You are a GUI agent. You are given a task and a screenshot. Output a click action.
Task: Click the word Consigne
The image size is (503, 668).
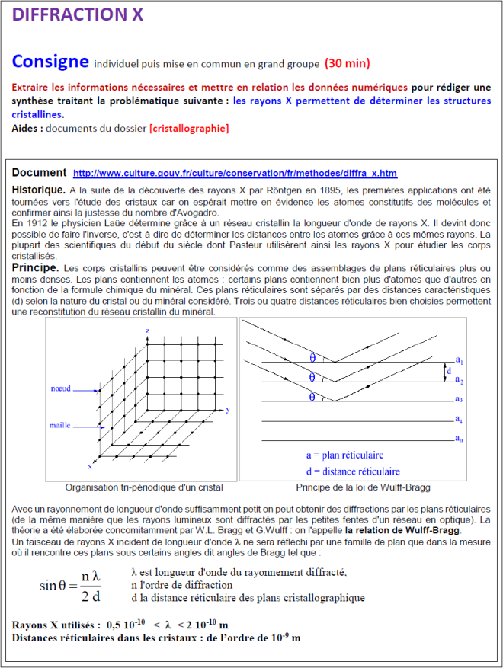click(x=50, y=61)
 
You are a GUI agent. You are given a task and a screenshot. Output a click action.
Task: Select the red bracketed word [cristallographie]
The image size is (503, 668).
click(x=190, y=129)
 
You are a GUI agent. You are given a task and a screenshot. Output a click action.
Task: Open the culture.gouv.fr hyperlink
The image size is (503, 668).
click(x=235, y=174)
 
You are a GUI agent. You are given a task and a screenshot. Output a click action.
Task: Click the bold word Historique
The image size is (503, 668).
click(x=38, y=189)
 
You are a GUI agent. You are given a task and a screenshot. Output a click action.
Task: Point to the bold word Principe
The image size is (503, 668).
click(x=35, y=268)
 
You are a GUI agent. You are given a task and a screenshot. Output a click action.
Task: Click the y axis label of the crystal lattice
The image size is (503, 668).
click(x=228, y=410)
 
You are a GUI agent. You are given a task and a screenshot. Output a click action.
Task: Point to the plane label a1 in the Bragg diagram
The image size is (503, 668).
click(x=460, y=360)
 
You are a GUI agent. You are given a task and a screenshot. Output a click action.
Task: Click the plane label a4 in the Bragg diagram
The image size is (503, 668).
click(x=460, y=419)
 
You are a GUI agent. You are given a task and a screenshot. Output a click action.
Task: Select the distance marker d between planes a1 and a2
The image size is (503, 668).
click(x=447, y=371)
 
